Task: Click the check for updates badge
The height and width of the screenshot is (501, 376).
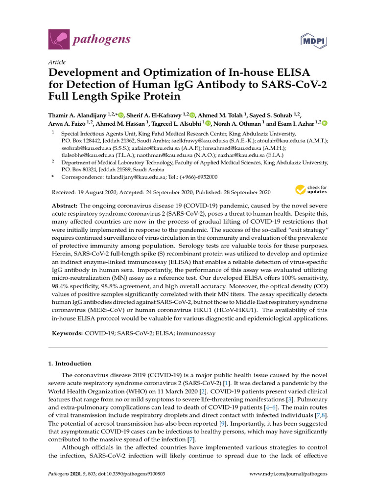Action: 311,190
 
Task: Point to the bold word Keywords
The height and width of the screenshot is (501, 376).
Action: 67,333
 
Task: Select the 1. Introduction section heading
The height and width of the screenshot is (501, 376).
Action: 70,364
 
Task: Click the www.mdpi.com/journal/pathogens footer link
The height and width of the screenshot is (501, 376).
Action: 288,474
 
